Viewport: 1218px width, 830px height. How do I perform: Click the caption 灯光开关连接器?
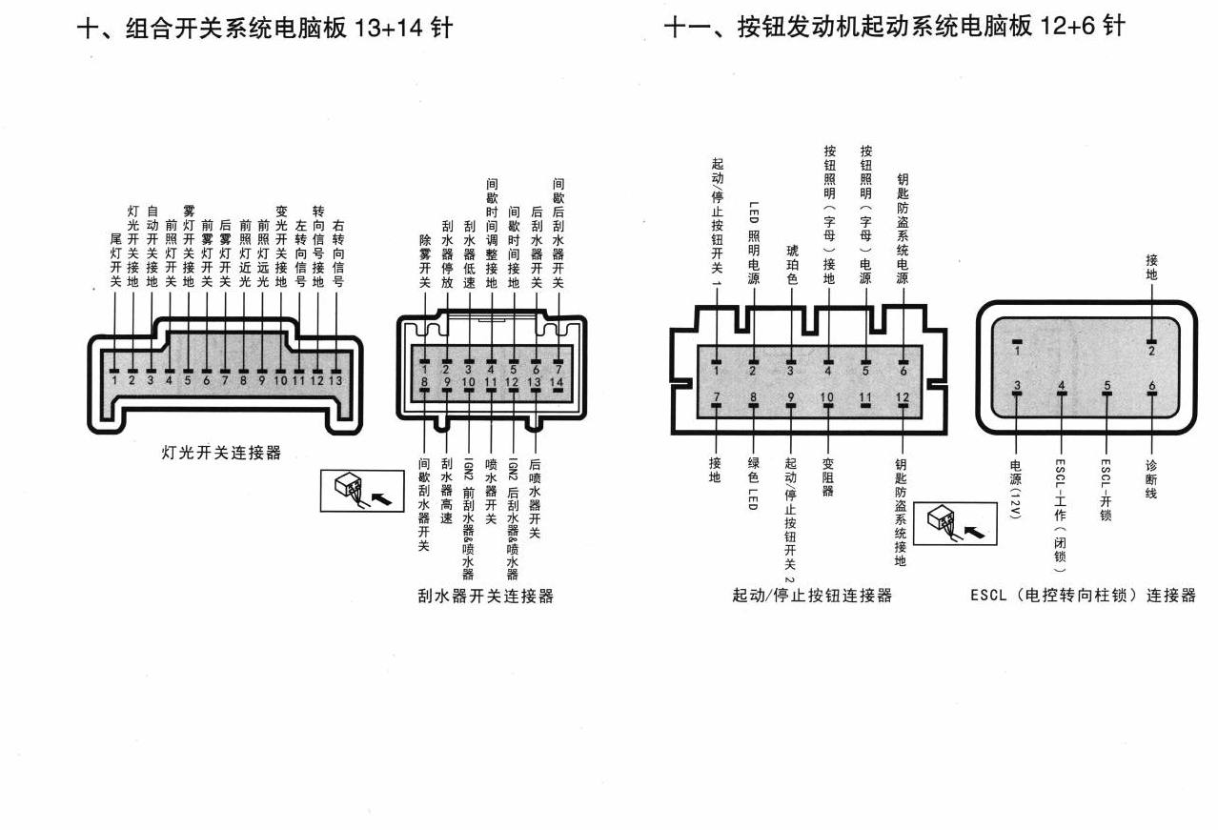click(x=221, y=453)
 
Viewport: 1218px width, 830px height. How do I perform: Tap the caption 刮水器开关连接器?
click(x=485, y=596)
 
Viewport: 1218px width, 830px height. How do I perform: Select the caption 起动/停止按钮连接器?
click(x=812, y=596)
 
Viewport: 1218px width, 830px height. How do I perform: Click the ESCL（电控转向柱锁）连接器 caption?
click(x=1084, y=596)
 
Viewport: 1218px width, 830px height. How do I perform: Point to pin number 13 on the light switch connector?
click(x=335, y=380)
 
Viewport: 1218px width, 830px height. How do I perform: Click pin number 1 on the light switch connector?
click(x=114, y=380)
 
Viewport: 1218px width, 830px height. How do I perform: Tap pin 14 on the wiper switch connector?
click(x=557, y=382)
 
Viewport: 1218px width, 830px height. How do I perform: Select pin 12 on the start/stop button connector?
click(x=903, y=397)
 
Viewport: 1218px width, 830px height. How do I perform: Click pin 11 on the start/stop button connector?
click(x=865, y=397)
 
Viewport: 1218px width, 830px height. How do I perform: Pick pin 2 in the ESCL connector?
click(x=1151, y=351)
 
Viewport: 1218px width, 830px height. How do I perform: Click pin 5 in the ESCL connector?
click(x=1107, y=386)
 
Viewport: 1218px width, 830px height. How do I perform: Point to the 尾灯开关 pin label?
click(x=115, y=260)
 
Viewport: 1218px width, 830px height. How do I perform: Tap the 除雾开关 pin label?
click(x=425, y=261)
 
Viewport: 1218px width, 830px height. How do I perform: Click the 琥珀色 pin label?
click(x=792, y=265)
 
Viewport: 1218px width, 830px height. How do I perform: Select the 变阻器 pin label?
click(x=827, y=477)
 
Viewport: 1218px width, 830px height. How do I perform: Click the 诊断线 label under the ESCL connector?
click(x=1150, y=479)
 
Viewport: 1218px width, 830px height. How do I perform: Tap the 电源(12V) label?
click(x=1016, y=489)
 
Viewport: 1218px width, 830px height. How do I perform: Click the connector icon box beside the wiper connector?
click(x=362, y=491)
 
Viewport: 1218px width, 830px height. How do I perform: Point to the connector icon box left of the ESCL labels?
click(x=955, y=523)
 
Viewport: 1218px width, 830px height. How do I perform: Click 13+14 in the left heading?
click(x=388, y=28)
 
